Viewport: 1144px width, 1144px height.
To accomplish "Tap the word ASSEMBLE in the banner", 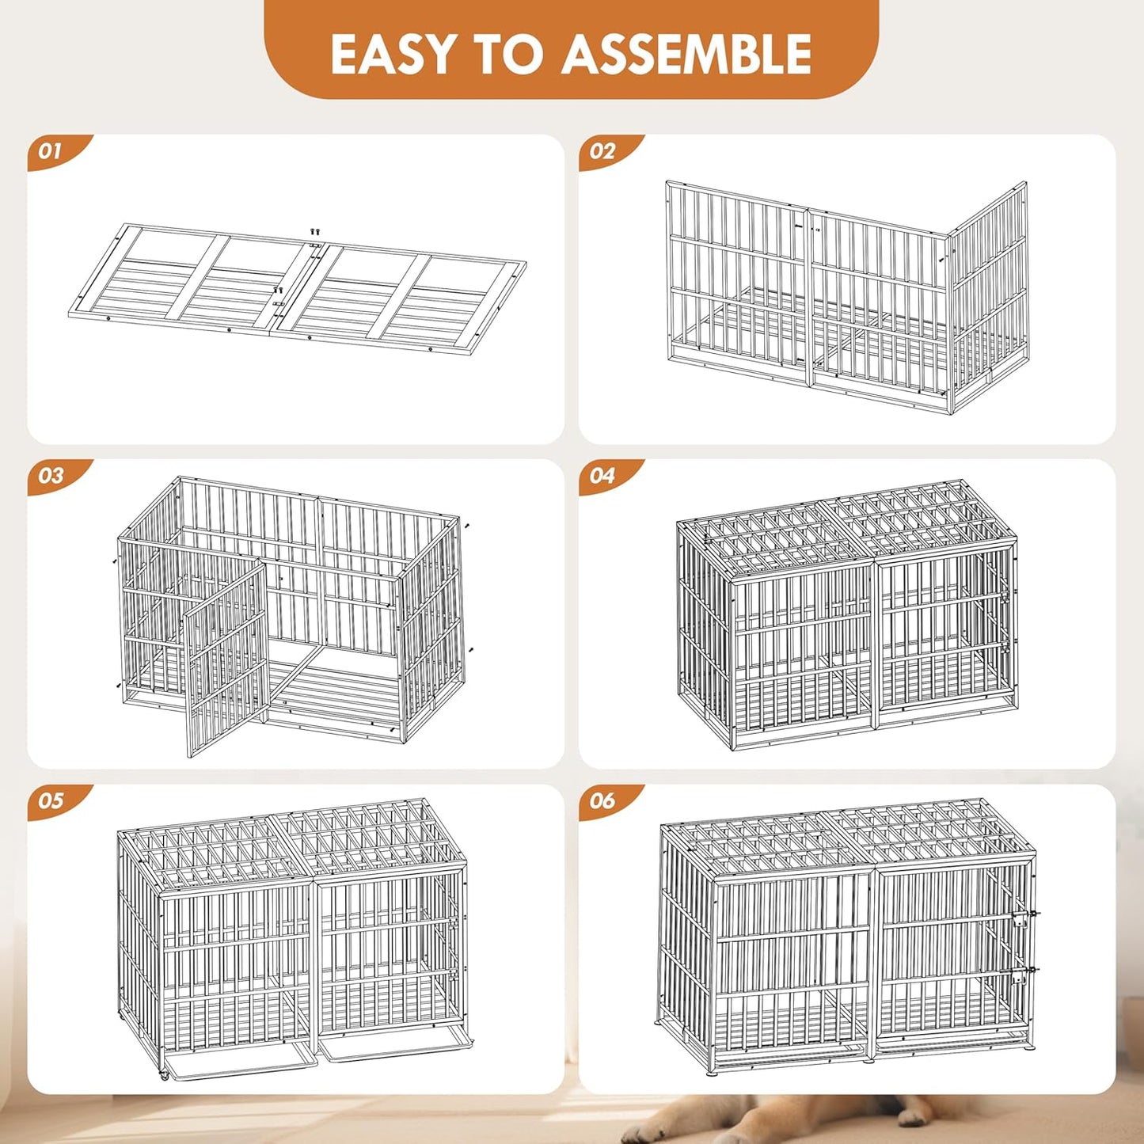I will coord(686,54).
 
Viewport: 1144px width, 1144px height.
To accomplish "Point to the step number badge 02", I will coord(602,151).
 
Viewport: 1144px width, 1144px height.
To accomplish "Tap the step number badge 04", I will coord(602,476).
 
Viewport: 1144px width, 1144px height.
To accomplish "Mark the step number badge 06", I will coord(602,801).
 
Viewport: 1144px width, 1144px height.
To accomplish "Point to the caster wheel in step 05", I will coord(164,1075).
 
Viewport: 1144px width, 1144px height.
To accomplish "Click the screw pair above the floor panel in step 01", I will coord(314,232).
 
